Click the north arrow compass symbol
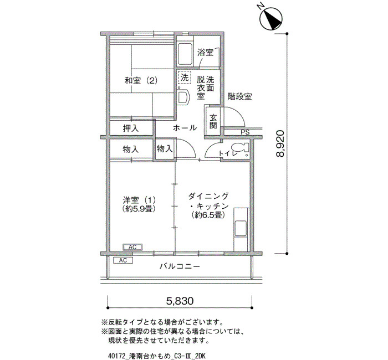(x=272, y=19)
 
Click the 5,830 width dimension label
(x=180, y=301)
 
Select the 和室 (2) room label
(x=141, y=81)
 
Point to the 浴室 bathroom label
(x=205, y=53)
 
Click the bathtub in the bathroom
(x=185, y=54)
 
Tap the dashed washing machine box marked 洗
(x=184, y=78)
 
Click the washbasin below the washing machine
(x=183, y=97)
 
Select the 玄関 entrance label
(x=213, y=121)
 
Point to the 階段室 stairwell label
(x=240, y=96)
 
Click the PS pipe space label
(x=245, y=132)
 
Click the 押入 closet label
(x=131, y=128)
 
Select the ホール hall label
(x=185, y=128)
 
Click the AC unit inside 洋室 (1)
(x=132, y=247)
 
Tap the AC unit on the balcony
(x=123, y=260)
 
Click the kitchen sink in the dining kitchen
(x=241, y=228)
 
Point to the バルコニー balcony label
(x=180, y=266)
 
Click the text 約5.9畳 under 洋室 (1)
(x=139, y=209)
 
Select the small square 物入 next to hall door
(x=164, y=148)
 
